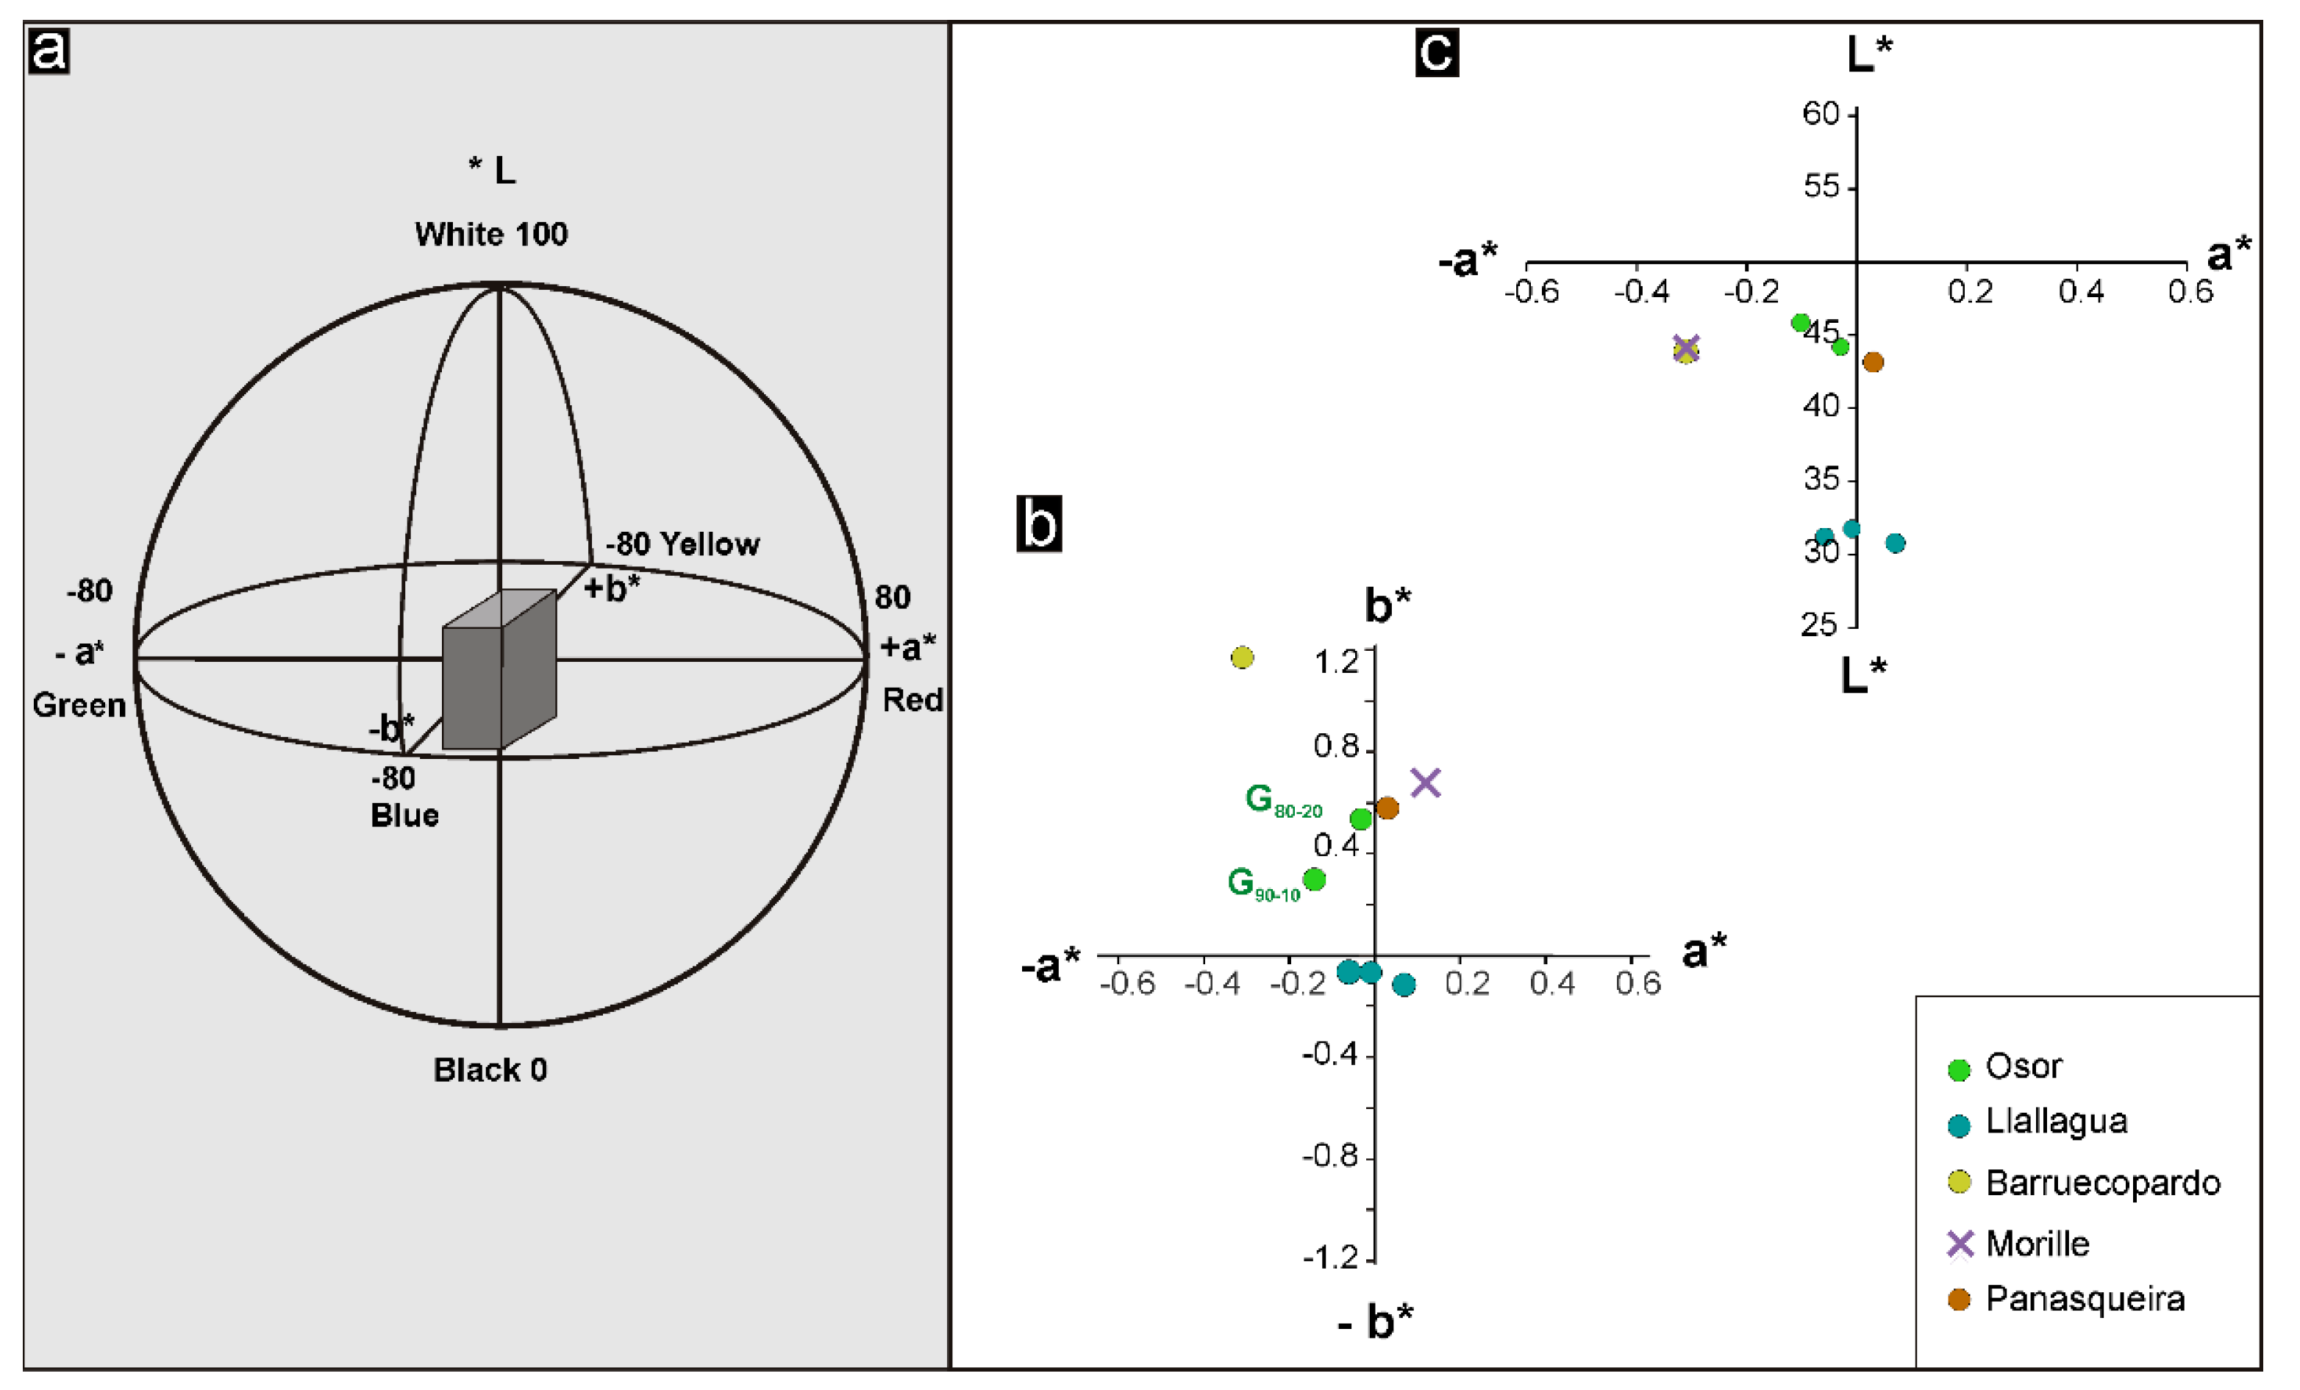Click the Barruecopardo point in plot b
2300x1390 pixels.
coord(1243,658)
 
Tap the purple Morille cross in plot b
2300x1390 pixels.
coord(1425,783)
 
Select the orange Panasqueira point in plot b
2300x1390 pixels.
coord(1388,808)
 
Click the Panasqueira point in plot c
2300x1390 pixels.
coord(1874,362)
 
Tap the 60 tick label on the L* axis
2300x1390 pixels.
coord(1820,114)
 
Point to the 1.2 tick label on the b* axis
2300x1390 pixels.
coord(1336,663)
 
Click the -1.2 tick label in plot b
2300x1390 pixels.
coord(1330,1258)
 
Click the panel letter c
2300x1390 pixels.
coord(1437,52)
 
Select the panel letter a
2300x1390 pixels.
coord(49,51)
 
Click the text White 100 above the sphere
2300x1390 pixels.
coord(491,235)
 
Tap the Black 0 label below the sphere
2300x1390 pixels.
coord(490,1070)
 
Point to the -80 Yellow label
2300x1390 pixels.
coord(682,544)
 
